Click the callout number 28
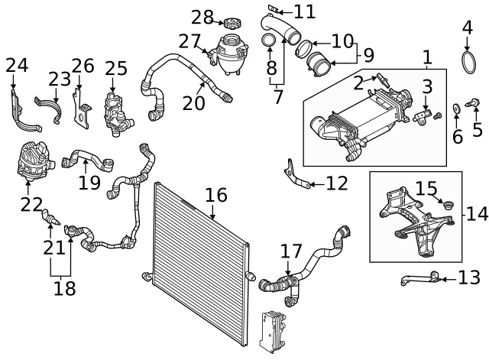click(x=202, y=17)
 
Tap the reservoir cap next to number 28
click(x=232, y=24)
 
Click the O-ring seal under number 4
click(x=468, y=63)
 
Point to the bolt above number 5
click(x=473, y=102)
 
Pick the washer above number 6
click(x=456, y=109)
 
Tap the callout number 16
click(x=216, y=195)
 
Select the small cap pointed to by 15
click(x=449, y=206)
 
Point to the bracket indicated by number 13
click(x=421, y=278)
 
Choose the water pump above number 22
click(x=34, y=161)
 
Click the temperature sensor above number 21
click(x=50, y=217)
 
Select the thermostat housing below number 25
click(x=117, y=114)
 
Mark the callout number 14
click(x=477, y=214)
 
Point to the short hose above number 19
click(x=88, y=160)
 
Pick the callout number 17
click(x=291, y=251)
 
